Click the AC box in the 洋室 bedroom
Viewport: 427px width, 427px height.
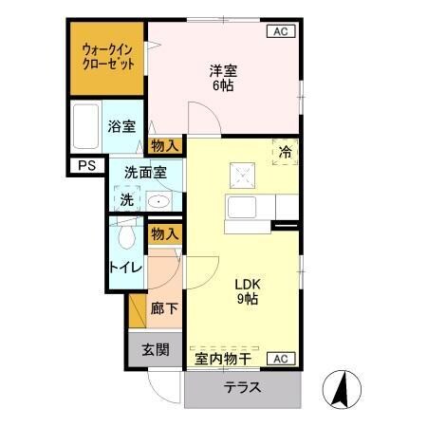coord(281,31)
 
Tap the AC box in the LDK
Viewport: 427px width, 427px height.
coord(281,358)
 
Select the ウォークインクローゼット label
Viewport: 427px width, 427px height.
coord(107,56)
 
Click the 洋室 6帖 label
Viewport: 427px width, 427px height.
coord(223,76)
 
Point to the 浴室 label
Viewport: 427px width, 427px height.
coord(121,126)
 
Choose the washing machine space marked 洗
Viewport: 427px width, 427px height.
coord(126,199)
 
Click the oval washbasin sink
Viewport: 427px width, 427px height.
coord(158,202)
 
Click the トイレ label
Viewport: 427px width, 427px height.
coord(126,267)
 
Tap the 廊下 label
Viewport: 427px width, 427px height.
coord(164,308)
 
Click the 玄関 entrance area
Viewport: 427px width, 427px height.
coord(156,349)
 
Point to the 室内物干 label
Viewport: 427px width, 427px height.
coord(224,359)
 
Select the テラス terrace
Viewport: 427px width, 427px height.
coord(243,388)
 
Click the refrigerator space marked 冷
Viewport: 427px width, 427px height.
coord(285,151)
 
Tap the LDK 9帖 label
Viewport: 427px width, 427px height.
coord(247,290)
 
